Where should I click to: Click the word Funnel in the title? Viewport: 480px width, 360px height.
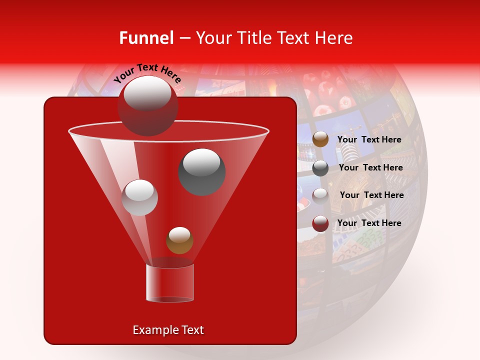point(146,38)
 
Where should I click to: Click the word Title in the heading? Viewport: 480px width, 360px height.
point(253,38)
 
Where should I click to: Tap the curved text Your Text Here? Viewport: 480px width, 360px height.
point(147,73)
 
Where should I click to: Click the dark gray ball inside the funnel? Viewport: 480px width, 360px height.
point(202,172)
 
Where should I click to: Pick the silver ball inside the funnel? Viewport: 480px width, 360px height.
point(139,197)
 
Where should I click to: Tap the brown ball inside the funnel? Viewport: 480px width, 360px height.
point(179,240)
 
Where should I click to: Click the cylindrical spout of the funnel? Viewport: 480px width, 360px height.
point(169,283)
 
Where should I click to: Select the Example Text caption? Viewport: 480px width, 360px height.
point(168,330)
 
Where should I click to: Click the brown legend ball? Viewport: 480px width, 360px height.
point(320,139)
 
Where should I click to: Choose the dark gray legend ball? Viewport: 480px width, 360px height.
point(320,168)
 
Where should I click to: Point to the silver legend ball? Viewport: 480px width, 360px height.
point(320,195)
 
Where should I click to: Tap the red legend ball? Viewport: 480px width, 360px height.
point(320,223)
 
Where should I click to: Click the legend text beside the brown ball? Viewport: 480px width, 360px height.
point(369,139)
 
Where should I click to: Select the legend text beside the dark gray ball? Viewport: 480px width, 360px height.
point(370,167)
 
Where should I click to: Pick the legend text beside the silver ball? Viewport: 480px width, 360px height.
point(371,195)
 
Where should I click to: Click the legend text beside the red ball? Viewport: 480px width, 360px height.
point(369,223)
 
